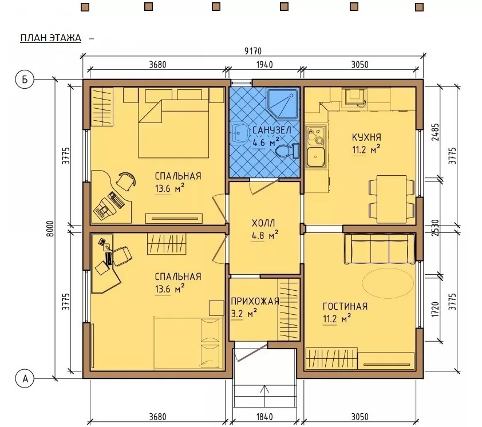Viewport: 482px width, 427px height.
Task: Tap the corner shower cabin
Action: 282,104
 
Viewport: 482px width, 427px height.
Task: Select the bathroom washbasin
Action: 240,134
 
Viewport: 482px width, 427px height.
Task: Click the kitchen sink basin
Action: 315,156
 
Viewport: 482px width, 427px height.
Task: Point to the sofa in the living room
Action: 380,248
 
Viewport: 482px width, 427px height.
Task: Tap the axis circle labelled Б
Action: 25,80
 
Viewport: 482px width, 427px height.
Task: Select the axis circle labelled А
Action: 25,378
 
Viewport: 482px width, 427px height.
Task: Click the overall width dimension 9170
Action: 253,51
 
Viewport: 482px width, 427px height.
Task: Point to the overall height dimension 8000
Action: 50,229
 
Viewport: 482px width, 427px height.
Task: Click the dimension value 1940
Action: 264,65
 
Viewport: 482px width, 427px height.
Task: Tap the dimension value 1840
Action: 264,417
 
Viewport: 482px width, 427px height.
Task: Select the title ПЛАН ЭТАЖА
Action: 51,38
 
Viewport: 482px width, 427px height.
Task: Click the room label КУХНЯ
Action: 366,137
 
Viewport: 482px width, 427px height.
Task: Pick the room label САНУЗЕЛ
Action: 272,130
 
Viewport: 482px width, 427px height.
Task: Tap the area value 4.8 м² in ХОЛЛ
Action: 265,235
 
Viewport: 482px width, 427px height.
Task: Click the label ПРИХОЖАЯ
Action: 255,301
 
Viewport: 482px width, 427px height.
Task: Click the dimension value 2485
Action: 435,132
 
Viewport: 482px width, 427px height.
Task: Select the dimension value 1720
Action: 435,310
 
